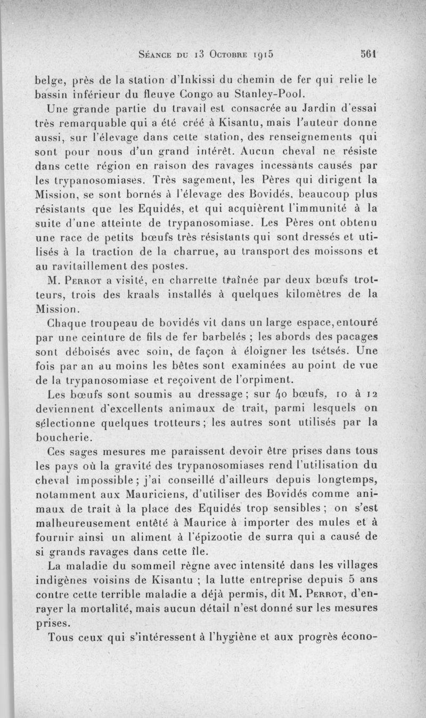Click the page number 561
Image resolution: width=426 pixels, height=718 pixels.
[x=368, y=53]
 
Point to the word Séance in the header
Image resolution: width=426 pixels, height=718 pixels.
[x=156, y=54]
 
